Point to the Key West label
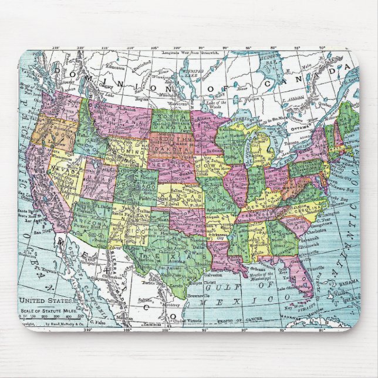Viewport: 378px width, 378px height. point(284,307)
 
